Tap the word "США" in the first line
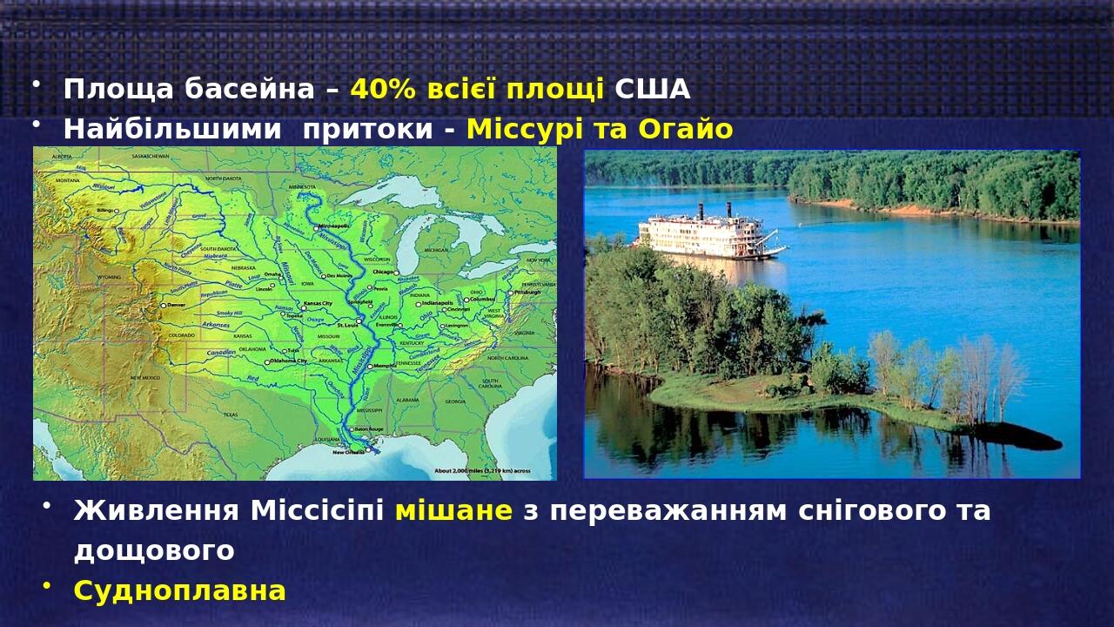(x=652, y=89)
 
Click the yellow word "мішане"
(x=453, y=510)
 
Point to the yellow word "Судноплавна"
(x=179, y=590)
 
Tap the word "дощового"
(x=154, y=550)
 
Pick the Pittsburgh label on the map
(x=527, y=293)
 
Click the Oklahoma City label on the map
(x=290, y=361)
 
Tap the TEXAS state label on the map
(x=231, y=415)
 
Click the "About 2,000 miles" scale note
(x=482, y=471)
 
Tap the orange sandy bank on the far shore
(x=879, y=210)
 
